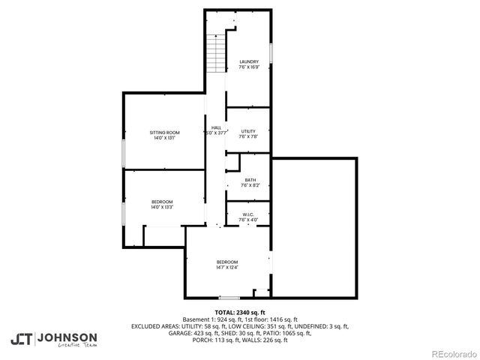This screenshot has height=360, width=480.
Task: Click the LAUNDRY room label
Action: click(x=249, y=61)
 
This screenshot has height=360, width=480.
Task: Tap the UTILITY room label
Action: click(x=248, y=132)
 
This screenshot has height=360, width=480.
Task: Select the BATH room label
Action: click(x=250, y=179)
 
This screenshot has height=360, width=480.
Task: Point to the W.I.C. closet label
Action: click(x=249, y=214)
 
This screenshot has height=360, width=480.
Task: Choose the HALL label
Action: click(x=216, y=127)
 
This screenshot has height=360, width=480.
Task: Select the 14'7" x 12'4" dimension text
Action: click(x=227, y=267)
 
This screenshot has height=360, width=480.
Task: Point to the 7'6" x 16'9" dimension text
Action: click(x=249, y=67)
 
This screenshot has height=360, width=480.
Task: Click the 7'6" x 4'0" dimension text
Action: click(x=249, y=220)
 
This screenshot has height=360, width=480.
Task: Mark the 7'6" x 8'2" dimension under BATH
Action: click(x=250, y=184)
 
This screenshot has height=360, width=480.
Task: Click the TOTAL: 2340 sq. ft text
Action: click(x=240, y=312)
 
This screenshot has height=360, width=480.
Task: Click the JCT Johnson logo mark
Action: click(x=22, y=338)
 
